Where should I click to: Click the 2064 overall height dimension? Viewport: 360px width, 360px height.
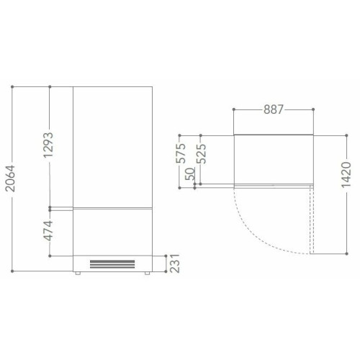point(11,179)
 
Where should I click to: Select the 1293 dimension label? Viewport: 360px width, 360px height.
point(48,145)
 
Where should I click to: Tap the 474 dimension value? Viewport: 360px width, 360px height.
point(48,230)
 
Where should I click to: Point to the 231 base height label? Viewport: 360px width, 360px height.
point(175,264)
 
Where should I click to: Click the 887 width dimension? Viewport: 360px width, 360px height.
point(274,109)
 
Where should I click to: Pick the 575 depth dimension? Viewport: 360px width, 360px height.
point(181,153)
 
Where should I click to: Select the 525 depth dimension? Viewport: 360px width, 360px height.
point(201,153)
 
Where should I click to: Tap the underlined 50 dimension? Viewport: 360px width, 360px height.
point(190,174)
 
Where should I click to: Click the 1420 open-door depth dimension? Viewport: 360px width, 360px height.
point(346,175)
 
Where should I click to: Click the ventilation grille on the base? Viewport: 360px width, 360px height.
point(112,264)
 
